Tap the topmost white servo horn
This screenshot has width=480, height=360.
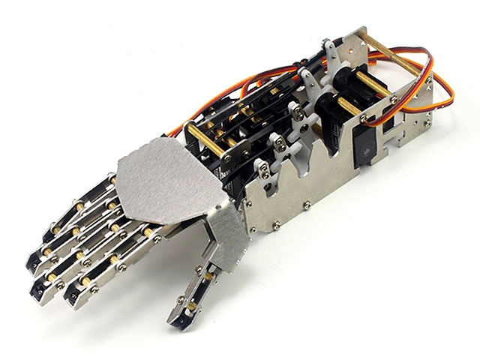329,52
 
